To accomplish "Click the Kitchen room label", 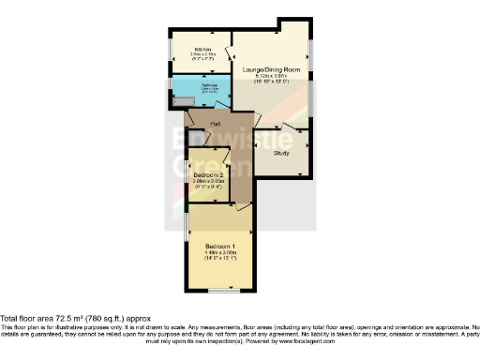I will (x=202, y=50).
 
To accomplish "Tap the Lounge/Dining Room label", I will (x=271, y=70).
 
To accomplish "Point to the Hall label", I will (x=215, y=124).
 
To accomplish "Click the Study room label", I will (x=281, y=152).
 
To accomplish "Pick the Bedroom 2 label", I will (x=208, y=175).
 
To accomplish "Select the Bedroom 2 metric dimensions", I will (x=208, y=182).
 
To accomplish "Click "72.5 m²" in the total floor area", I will (x=74, y=319).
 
